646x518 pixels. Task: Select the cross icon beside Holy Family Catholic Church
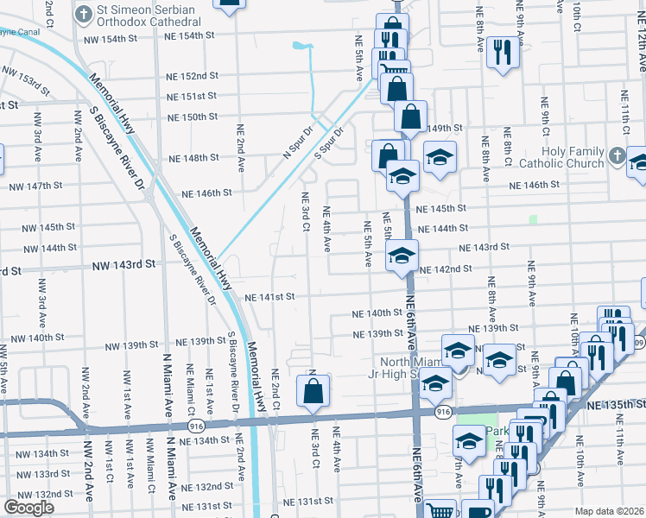616,156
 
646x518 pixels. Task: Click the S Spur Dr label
329,142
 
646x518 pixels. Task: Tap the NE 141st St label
270,297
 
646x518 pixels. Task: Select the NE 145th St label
440,208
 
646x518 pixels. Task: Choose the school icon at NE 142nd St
402,256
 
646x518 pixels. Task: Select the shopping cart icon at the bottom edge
440,510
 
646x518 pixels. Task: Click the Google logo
28,507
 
